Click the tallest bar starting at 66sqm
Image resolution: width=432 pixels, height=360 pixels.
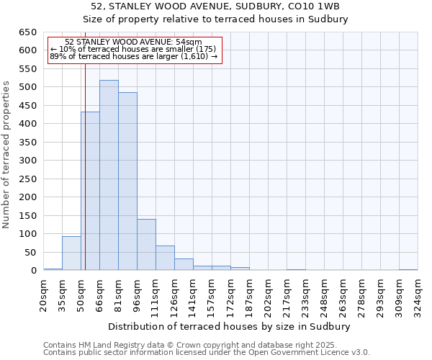pos(109,175)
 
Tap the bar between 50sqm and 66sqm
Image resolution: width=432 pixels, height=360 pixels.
pos(90,191)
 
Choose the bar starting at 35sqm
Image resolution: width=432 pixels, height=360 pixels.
pos(71,253)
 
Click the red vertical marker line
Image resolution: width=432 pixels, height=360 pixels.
pos(85,166)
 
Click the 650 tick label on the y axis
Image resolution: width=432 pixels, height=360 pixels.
pos(27,32)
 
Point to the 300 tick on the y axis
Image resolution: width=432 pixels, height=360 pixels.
pos(27,161)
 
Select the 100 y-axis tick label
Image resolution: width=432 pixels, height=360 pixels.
pos(27,234)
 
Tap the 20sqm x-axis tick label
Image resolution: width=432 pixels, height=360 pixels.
pos(44,294)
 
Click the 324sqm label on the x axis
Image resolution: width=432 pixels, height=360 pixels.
pos(418,294)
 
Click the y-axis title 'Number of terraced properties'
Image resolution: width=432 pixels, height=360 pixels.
pos(7,155)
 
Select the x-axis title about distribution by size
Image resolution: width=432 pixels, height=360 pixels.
pos(230,326)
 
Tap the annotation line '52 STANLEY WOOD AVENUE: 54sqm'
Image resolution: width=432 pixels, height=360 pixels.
pos(133,42)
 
